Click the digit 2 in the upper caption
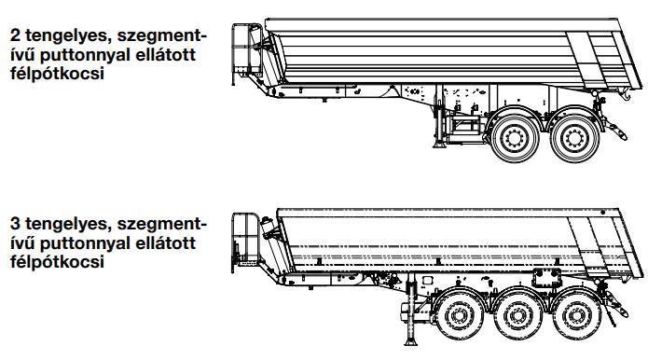16,35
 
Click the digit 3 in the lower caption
16,224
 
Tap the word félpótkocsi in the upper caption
57,74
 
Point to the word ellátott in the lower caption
166,242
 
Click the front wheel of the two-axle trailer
515,136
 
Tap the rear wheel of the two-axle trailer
574,137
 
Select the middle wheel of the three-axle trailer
517,316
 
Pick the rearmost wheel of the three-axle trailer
576,316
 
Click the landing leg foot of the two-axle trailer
439,145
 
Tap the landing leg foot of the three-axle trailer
410,342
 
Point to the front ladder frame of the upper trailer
241,54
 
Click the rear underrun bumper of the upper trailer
615,130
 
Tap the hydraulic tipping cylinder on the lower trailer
267,229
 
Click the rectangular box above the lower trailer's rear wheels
546,278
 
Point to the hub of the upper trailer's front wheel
515,136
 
